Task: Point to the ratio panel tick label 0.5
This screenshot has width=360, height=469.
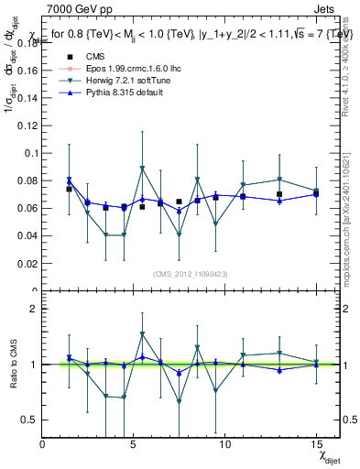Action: (x=28, y=420)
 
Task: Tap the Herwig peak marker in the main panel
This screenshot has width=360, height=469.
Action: (x=142, y=169)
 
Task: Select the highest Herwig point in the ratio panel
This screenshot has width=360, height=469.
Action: (x=142, y=334)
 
